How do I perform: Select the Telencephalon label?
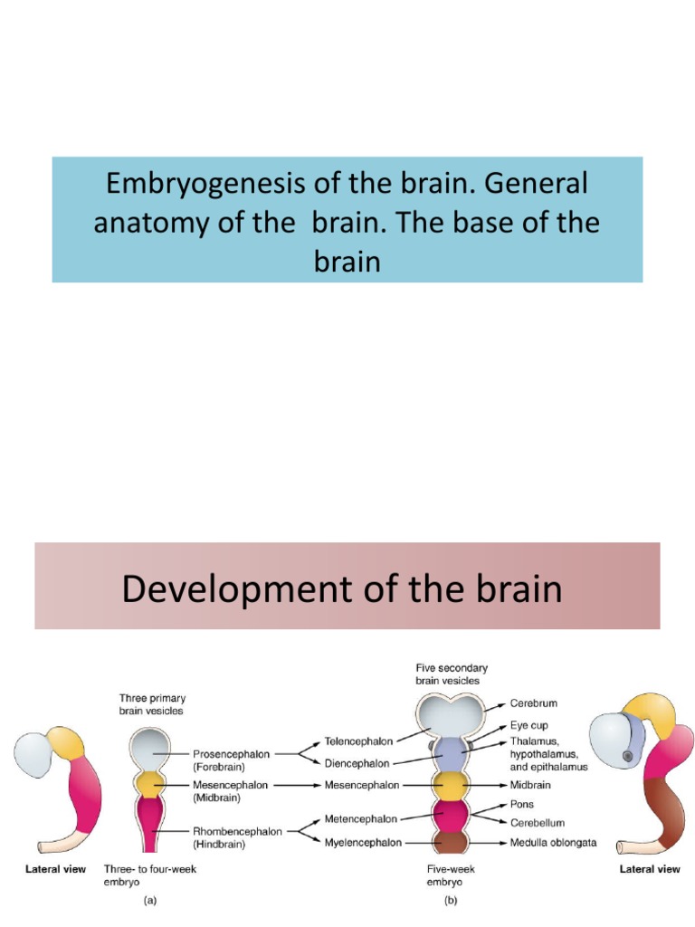pos(358,741)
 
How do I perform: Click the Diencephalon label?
pos(357,763)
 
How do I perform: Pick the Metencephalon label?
pos(360,819)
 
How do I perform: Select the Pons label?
pos(523,804)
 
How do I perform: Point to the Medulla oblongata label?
pos(553,842)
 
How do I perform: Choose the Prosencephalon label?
pos(227,752)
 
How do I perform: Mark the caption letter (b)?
pos(450,901)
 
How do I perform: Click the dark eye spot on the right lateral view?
pos(627,756)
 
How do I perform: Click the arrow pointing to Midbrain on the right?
pos(491,785)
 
